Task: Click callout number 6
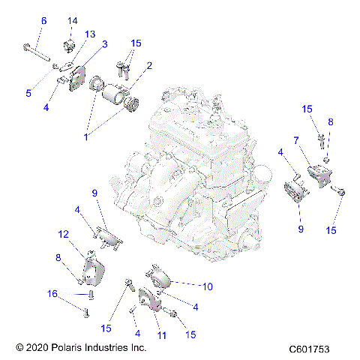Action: tap(43, 21)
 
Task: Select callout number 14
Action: tap(73, 20)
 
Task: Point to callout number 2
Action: tap(149, 66)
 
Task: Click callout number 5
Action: tap(29, 93)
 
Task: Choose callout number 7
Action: tap(296, 139)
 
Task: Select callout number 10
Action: tap(208, 286)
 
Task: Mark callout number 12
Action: tap(64, 234)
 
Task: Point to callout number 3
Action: tap(104, 44)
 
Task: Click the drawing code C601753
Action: tap(315, 349)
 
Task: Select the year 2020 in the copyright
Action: tap(38, 349)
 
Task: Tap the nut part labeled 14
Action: tap(69, 47)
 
